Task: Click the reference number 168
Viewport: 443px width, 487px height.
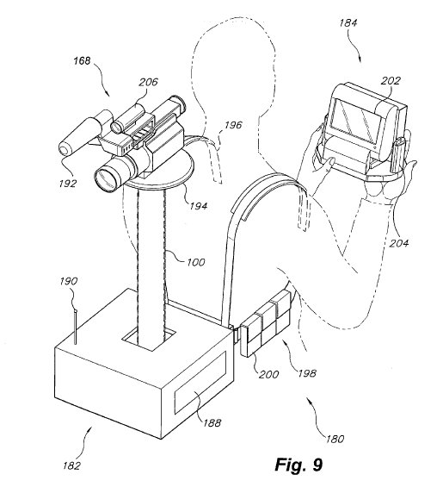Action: pyautogui.click(x=82, y=61)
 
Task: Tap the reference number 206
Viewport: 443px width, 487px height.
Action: pyautogui.click(x=148, y=82)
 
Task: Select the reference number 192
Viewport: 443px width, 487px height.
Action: pyautogui.click(x=68, y=184)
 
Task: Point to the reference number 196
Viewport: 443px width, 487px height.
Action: pyautogui.click(x=233, y=125)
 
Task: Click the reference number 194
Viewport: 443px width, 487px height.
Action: pyautogui.click(x=198, y=206)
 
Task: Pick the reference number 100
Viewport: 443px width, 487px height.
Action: pyautogui.click(x=195, y=262)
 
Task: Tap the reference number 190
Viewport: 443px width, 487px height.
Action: pyautogui.click(x=68, y=281)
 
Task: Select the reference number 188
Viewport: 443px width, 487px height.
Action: pyautogui.click(x=212, y=422)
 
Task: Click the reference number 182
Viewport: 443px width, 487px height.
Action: pyautogui.click(x=71, y=465)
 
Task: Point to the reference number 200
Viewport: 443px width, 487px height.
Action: pyautogui.click(x=268, y=374)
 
